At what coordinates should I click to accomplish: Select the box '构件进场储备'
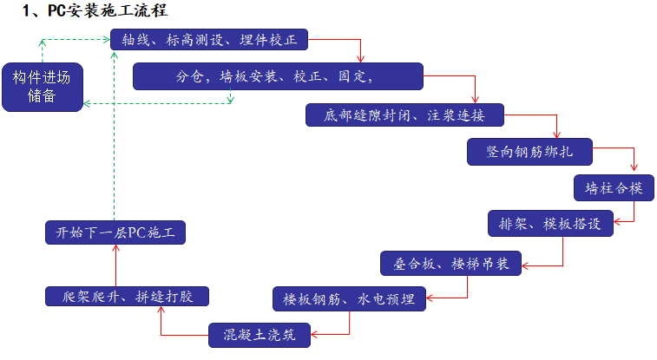43,87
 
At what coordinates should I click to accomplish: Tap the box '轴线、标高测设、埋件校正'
208,40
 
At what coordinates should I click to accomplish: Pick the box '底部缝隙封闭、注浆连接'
404,115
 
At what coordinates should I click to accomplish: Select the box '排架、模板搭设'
550,223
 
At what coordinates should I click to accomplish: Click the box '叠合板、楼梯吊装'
450,262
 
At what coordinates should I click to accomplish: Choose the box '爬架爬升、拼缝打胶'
128,297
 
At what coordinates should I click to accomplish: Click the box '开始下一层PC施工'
115,232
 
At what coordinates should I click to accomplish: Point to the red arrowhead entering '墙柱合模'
634,170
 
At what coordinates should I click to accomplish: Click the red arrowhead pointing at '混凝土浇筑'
315,335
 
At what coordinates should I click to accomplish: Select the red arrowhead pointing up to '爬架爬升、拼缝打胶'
161,312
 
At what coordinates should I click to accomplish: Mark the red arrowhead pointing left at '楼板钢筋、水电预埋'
430,298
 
